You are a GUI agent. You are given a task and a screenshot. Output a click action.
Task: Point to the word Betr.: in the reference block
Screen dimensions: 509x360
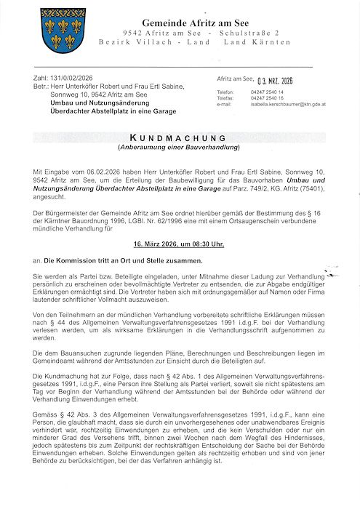pyautogui.click(x=43, y=87)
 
